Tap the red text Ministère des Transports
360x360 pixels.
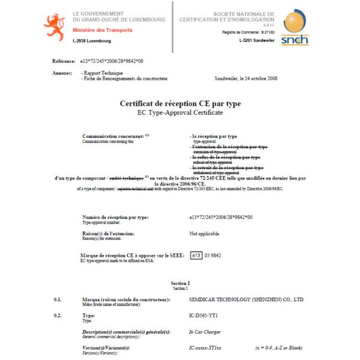pos(102,29)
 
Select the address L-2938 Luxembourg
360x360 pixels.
pos(92,41)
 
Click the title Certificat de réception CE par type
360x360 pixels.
pos(180,103)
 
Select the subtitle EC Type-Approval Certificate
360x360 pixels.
pos(180,112)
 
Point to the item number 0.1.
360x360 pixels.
pos(58,299)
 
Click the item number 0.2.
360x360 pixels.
pos(58,315)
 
